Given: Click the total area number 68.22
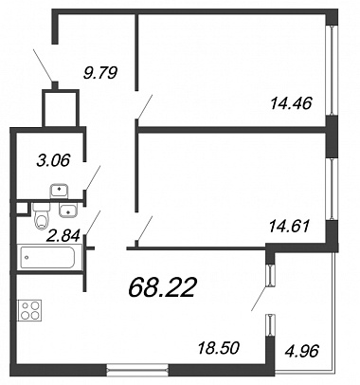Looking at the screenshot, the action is [x=161, y=287].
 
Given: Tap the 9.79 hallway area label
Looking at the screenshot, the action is [x=99, y=73].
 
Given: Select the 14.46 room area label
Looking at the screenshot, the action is [x=291, y=103].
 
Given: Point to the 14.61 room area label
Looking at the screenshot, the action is [x=289, y=227].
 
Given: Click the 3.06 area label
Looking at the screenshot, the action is [x=53, y=160].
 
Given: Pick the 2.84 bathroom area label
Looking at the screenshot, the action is [x=63, y=235].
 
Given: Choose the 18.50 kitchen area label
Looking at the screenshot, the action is [x=219, y=348].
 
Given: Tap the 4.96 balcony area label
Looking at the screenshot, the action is [x=301, y=351].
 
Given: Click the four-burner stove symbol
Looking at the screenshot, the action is [x=31, y=310].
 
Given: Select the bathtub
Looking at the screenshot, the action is [x=47, y=257].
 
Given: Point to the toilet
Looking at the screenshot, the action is [x=42, y=216].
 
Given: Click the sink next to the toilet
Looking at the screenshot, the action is [x=68, y=211].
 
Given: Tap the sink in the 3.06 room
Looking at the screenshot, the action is [x=59, y=191].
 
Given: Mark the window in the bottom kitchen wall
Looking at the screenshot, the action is [x=137, y=370].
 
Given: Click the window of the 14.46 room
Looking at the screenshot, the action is [x=332, y=70].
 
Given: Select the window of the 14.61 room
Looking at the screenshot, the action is [x=332, y=189].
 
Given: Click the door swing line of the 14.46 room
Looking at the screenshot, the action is [x=145, y=106].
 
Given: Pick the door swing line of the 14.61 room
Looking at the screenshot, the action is [x=145, y=229].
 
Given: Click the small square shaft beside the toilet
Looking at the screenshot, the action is [x=22, y=209].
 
